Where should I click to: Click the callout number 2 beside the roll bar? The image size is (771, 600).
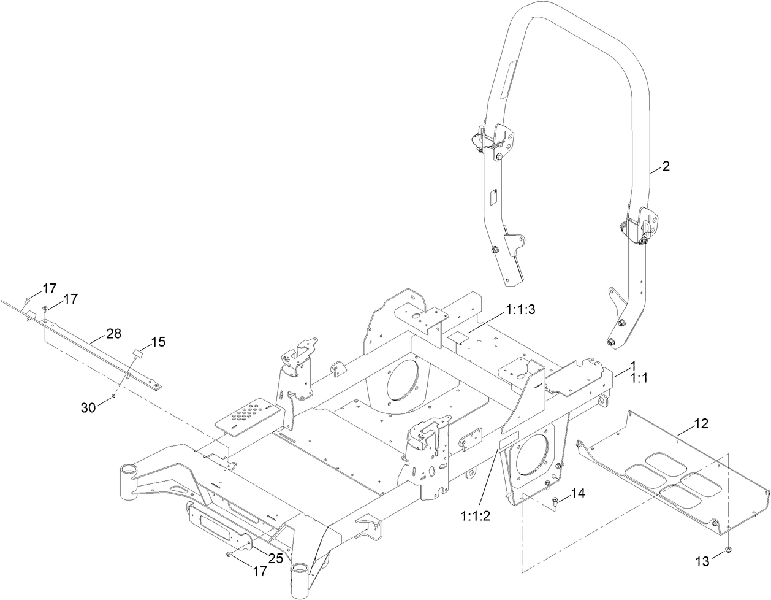666,167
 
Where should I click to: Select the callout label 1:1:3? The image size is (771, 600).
520,311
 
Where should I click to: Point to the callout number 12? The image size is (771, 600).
701,423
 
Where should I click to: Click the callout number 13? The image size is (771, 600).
702,560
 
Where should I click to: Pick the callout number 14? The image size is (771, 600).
579,493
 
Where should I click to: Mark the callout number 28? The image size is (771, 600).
113,334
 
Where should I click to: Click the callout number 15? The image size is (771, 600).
158,342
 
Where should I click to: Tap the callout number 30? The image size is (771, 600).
89,406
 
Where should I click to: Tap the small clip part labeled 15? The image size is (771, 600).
137,353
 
